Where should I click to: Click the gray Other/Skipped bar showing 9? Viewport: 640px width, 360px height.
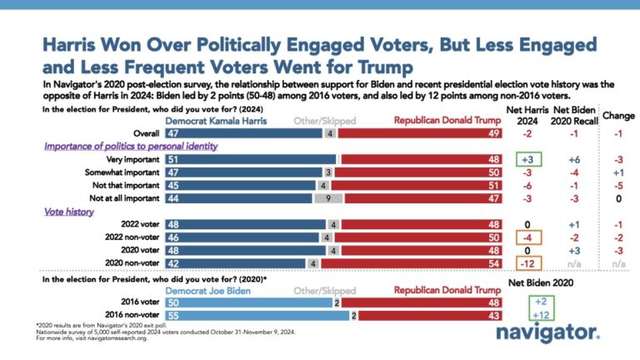coord(329,198)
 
